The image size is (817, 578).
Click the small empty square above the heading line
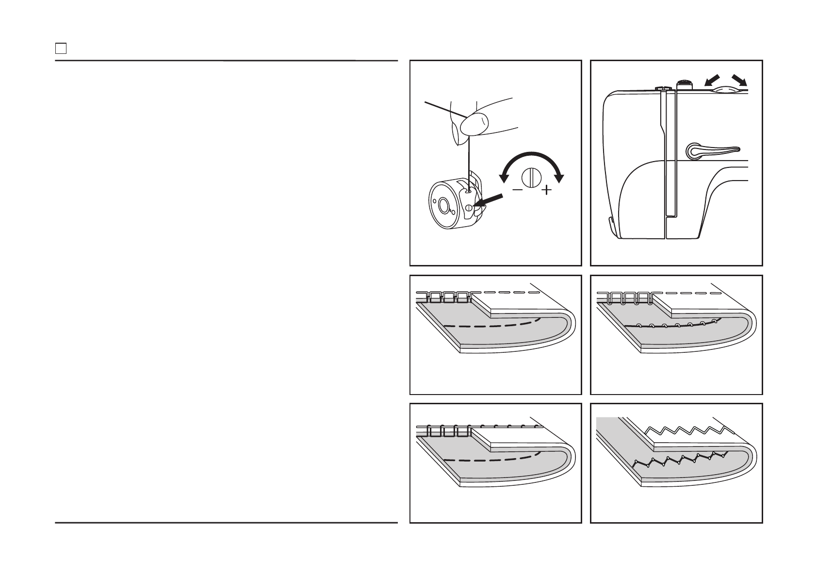(60, 49)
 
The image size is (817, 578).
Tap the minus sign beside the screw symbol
(518, 190)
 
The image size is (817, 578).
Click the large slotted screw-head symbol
(532, 177)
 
